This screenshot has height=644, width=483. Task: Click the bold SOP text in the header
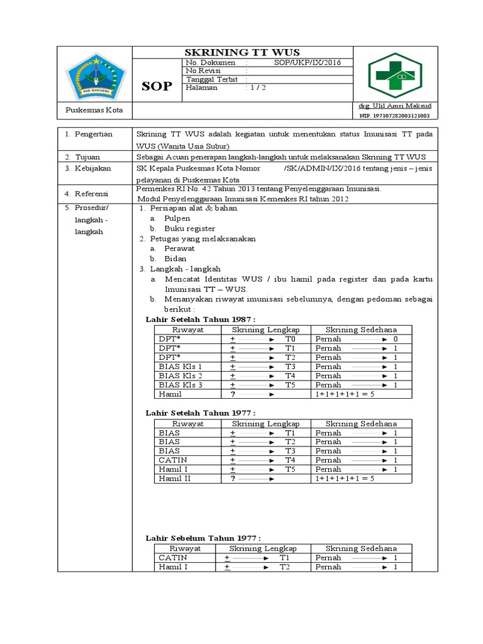(x=157, y=86)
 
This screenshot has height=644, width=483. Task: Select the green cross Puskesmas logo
(x=396, y=74)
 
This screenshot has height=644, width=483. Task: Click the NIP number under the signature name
(x=395, y=116)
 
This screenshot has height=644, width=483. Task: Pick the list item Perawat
(x=179, y=248)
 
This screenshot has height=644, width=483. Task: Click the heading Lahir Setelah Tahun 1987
(x=201, y=319)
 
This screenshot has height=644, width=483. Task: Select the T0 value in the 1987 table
(x=290, y=339)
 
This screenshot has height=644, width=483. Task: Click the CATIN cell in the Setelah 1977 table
(x=170, y=460)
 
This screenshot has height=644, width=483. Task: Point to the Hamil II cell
(x=175, y=478)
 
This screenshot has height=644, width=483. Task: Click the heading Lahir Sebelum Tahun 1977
(x=203, y=538)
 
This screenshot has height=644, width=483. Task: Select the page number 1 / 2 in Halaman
(x=257, y=88)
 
